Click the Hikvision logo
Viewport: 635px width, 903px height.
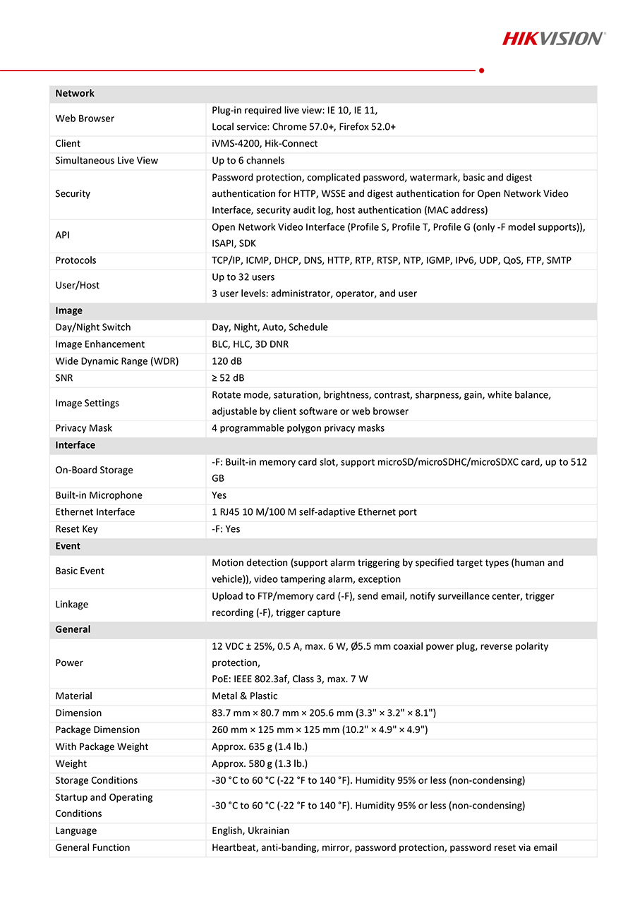(553, 38)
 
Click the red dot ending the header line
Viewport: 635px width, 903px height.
(481, 70)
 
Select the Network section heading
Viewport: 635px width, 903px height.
(75, 93)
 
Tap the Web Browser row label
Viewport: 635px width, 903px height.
(85, 119)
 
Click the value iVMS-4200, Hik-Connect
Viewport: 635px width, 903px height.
(265, 143)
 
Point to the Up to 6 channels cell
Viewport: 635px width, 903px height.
(248, 160)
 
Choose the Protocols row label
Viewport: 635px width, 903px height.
(76, 260)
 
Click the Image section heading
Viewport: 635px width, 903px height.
(69, 310)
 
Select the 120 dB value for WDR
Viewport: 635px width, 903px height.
(226, 361)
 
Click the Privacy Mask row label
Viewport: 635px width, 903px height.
(84, 428)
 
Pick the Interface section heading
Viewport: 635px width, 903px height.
(75, 445)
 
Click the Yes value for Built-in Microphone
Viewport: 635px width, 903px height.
(219, 495)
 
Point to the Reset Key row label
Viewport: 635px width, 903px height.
(77, 529)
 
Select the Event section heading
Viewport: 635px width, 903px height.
(68, 546)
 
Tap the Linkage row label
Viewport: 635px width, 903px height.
(72, 605)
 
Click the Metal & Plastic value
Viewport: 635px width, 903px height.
(245, 696)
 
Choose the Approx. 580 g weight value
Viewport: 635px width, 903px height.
(260, 763)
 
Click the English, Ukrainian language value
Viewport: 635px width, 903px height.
(250, 831)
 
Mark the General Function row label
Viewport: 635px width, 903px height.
(92, 848)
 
